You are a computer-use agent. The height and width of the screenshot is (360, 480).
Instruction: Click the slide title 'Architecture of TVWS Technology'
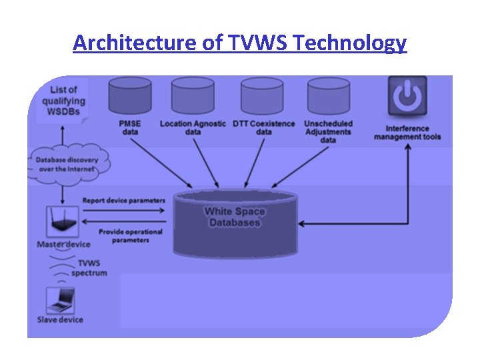pos(239,43)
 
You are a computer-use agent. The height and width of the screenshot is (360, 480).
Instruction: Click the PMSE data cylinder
pos(130,95)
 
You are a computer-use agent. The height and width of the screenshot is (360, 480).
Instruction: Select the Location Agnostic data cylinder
pos(193,95)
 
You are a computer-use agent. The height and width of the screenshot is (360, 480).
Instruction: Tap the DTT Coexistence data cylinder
pos(262,95)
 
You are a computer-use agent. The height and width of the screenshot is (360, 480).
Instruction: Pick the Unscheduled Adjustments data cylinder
pos(328,95)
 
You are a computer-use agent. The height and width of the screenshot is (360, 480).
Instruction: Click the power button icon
pos(407,97)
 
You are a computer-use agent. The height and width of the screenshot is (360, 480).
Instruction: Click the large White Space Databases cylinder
pos(235,224)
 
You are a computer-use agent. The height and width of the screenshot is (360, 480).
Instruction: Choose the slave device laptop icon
pos(59,299)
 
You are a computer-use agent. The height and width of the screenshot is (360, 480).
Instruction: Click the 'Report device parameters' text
pos(123,200)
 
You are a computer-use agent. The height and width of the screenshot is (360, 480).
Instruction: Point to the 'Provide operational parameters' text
pos(130,236)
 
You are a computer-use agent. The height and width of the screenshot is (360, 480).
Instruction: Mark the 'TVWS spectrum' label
pos(91,268)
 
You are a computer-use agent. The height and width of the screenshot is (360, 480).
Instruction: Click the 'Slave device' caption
pos(60,320)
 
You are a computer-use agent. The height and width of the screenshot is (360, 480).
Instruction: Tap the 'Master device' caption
pos(63,245)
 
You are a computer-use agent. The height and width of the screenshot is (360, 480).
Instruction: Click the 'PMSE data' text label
pos(130,127)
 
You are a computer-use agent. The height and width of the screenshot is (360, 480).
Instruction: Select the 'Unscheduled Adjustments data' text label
pos(328,131)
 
